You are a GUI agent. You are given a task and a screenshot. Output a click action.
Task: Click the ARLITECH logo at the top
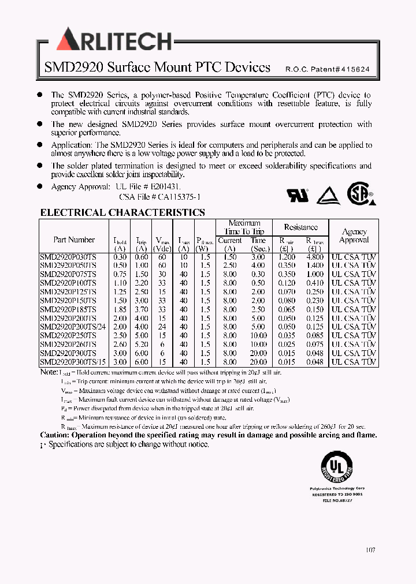114,40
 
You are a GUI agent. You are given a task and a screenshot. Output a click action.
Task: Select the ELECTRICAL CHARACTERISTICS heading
122,212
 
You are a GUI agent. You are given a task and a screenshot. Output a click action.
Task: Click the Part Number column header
74,239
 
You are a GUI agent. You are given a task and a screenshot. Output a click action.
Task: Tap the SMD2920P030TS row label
68,257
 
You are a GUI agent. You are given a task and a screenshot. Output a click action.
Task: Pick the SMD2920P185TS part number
68,309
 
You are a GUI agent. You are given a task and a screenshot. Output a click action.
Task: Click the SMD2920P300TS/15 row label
73,362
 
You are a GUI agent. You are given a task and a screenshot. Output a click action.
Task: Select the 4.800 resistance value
315,257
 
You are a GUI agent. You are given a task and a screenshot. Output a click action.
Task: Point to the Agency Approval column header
354,235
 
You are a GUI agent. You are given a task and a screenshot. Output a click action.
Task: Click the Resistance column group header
300,227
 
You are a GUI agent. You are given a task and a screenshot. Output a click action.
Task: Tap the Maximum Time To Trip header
244,227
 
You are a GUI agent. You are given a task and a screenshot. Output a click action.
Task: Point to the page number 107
370,550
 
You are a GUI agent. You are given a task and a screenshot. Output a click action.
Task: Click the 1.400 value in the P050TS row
315,265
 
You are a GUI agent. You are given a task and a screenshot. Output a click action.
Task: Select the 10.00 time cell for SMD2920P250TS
258,335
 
